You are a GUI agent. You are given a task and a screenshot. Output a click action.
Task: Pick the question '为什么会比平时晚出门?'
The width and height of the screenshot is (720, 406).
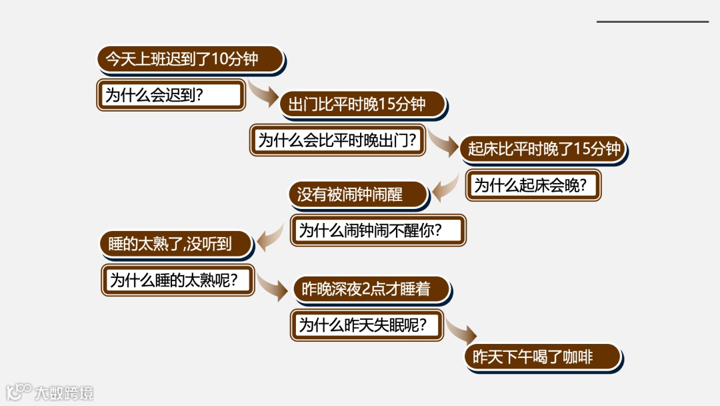click(338, 140)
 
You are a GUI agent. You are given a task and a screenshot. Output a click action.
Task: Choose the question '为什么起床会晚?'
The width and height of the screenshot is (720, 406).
click(533, 185)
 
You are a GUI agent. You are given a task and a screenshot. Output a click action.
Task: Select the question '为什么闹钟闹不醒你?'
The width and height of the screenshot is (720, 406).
click(379, 230)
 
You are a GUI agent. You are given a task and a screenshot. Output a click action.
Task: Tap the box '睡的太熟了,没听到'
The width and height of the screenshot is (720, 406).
click(176, 244)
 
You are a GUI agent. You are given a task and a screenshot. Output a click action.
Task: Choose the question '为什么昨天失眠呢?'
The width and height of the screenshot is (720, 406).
click(368, 325)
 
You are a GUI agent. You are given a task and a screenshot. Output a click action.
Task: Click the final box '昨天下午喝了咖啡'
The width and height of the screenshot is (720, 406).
click(543, 357)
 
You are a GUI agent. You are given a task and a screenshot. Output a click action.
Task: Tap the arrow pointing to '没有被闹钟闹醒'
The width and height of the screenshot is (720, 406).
click(445, 188)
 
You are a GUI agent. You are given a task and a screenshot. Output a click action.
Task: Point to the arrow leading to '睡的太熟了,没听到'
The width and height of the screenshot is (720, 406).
click(271, 238)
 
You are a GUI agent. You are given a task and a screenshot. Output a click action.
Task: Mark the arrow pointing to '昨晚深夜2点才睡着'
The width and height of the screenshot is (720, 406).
click(273, 286)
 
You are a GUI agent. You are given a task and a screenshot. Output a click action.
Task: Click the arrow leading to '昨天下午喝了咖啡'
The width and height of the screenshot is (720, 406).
click(461, 331)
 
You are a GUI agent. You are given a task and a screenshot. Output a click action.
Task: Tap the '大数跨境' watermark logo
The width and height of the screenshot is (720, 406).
click(50, 392)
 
